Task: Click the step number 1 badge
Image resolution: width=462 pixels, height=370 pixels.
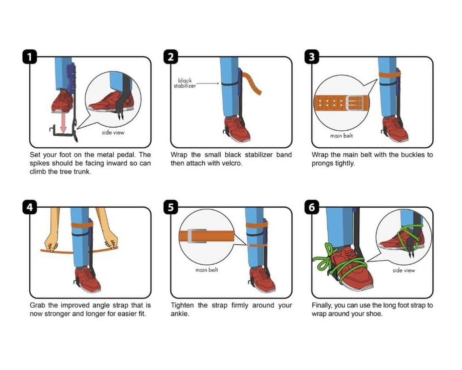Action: (x=30, y=57)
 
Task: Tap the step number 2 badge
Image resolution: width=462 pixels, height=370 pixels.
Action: (x=171, y=57)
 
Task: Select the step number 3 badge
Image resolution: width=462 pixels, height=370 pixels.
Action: (x=312, y=57)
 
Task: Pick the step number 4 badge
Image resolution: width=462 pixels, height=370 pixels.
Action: (x=30, y=207)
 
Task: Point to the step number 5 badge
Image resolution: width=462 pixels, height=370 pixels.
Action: (x=171, y=207)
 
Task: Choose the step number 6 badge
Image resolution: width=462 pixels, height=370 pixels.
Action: (x=312, y=207)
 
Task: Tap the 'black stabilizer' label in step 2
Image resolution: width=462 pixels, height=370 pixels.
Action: (x=185, y=83)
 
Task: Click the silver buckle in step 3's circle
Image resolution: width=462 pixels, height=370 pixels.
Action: (x=355, y=103)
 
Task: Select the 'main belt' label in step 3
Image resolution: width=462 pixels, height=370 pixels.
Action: (x=341, y=136)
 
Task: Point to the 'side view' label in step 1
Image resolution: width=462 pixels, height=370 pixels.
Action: (x=113, y=133)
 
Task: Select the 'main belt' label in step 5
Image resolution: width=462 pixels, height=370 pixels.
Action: (x=206, y=270)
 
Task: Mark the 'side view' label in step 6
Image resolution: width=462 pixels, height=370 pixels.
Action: (x=403, y=270)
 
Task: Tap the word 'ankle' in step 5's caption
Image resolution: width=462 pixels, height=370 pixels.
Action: (x=180, y=314)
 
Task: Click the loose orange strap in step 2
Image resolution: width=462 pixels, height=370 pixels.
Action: (x=252, y=83)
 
